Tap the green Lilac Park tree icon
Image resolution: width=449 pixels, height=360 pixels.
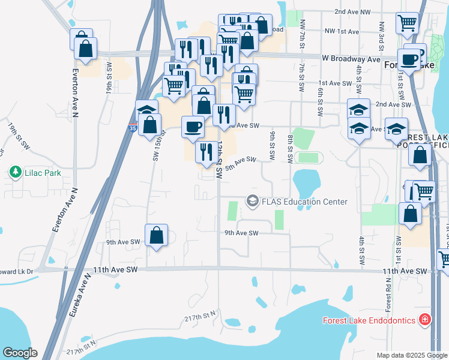14,173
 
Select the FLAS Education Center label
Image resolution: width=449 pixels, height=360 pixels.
304,202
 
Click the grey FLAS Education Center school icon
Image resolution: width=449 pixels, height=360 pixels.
252,201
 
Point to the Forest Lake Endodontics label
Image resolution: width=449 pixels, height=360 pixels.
369,320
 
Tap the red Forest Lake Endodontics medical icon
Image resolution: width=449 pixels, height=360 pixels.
426,319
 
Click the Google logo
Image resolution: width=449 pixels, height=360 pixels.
20,352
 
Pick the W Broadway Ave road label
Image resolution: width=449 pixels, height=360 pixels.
351,59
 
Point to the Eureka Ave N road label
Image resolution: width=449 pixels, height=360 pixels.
80,299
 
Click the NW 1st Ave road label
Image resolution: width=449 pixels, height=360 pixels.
341,31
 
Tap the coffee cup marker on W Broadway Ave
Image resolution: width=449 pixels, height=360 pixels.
410,60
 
